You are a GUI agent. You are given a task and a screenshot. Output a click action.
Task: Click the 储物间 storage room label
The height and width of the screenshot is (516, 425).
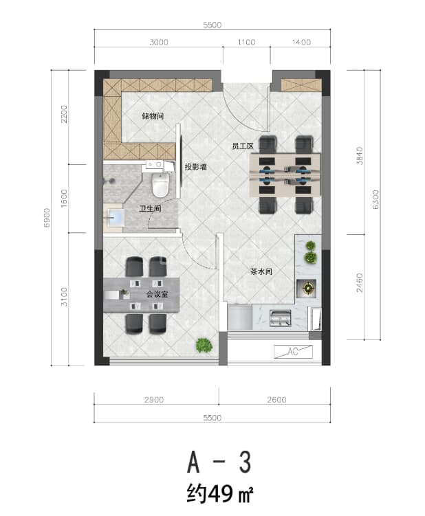click(153, 116)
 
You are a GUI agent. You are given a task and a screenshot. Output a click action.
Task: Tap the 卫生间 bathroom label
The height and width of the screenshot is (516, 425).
click(150, 209)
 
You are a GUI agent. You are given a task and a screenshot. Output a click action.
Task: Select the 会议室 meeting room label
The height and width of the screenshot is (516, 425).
click(157, 294)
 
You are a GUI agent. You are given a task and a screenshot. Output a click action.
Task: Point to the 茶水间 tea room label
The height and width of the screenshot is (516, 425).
click(261, 272)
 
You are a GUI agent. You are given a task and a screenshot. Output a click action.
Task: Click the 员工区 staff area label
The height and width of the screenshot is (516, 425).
click(243, 146)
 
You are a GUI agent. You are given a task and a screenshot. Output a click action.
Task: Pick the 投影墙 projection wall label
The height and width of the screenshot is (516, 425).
click(196, 167)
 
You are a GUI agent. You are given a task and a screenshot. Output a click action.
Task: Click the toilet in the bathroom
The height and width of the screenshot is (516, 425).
click(160, 185)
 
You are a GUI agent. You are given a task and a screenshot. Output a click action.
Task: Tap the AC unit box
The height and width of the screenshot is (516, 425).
click(293, 352)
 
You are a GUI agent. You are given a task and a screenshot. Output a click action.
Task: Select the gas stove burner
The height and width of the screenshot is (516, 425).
click(307, 289)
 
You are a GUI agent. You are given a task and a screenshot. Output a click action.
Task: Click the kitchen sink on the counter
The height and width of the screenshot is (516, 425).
click(281, 318)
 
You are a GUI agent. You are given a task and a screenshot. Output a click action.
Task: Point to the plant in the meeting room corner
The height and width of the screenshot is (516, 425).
click(204, 345)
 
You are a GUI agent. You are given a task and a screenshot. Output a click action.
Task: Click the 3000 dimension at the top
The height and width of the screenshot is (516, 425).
click(159, 42)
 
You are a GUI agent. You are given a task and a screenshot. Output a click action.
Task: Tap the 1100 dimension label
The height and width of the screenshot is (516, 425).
click(246, 42)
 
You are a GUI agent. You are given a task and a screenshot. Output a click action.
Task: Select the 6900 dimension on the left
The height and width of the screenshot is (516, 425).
click(47, 218)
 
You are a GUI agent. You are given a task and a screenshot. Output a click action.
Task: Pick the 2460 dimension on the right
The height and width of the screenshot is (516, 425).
click(360, 282)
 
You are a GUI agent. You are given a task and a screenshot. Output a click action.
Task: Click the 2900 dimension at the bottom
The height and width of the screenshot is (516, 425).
click(154, 400)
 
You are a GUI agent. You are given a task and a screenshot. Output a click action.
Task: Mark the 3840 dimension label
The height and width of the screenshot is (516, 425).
click(360, 156)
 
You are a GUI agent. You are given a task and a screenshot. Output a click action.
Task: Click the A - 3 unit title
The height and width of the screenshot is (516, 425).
click(219, 462)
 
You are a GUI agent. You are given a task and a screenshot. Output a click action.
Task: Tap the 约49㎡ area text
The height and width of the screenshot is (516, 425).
click(220, 493)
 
